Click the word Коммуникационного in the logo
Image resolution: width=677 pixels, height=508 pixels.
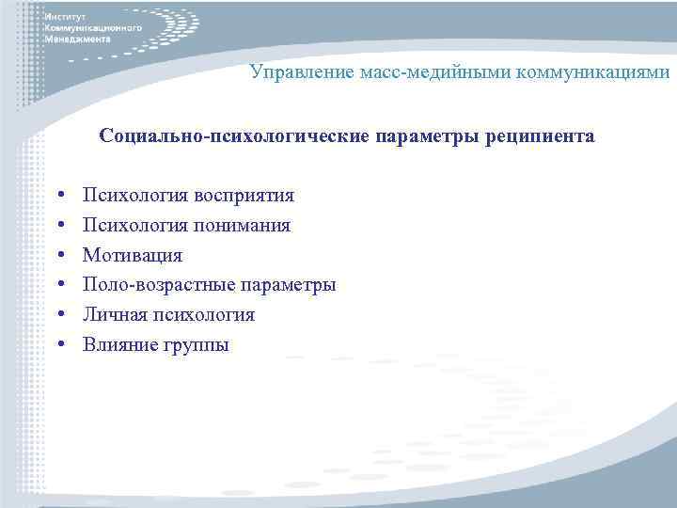(x=93, y=29)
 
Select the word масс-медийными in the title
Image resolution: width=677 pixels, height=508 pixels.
(x=421, y=72)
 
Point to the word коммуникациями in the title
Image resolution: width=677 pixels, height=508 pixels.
(x=588, y=72)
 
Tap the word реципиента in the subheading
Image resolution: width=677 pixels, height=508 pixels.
(x=539, y=136)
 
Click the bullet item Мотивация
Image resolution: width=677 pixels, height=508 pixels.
(x=133, y=255)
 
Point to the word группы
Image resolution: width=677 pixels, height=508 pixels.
(x=195, y=346)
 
